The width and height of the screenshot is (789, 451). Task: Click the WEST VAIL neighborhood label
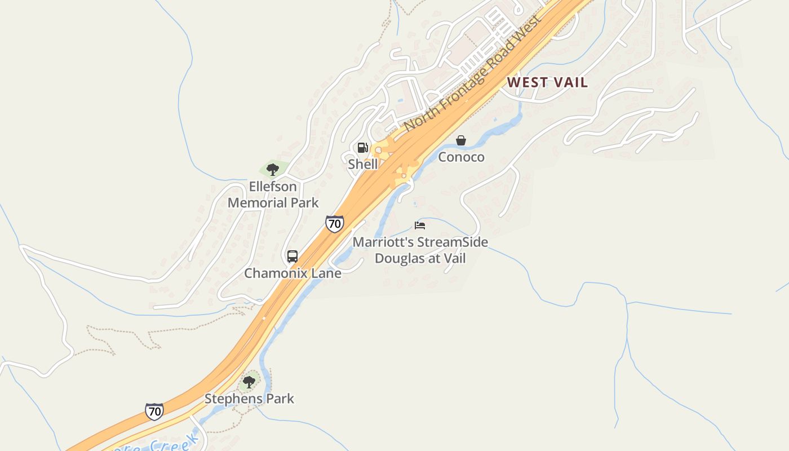547,82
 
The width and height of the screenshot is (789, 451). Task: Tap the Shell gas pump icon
363,148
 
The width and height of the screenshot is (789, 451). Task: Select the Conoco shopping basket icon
461,140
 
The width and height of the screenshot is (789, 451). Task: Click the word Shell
363,164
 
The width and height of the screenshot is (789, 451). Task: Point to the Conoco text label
461,157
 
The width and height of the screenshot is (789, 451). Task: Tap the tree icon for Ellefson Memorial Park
273,169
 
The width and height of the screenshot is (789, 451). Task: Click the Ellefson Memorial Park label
273,194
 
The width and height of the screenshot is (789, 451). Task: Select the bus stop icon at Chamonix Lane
292,257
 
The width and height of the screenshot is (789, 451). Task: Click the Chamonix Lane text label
292,273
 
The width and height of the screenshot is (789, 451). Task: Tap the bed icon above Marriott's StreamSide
420,225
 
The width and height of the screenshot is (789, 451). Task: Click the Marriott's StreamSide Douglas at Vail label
420,250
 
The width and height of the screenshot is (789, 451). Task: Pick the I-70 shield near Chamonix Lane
335,223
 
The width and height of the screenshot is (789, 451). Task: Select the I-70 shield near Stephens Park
154,411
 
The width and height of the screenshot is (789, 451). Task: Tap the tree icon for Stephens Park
249,382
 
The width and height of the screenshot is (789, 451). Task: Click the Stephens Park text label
249,399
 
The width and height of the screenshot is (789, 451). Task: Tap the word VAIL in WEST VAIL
570,82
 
